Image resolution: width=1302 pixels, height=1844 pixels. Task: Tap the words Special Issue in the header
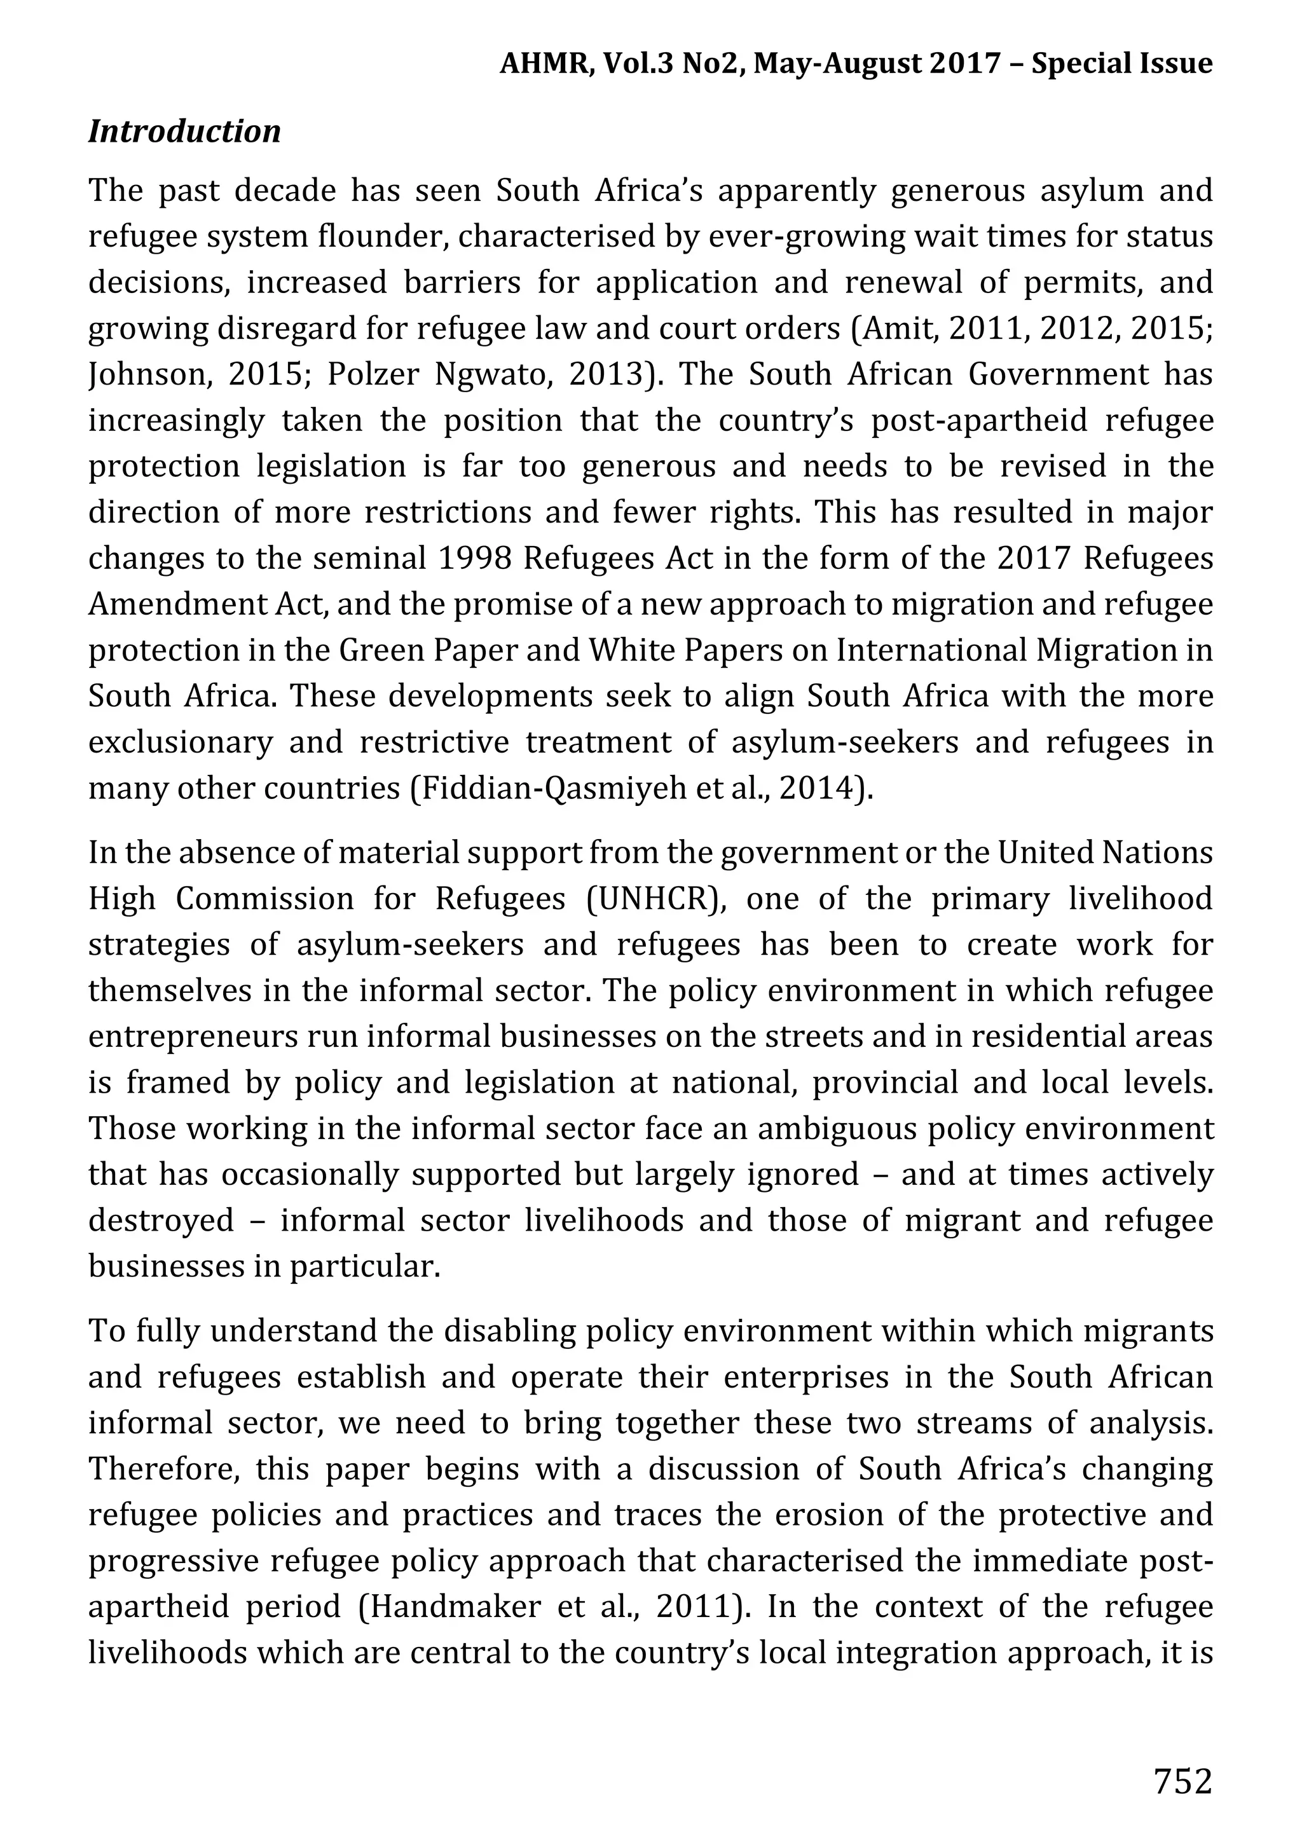click(1121, 63)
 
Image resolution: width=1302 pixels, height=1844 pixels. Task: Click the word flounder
click(381, 237)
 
